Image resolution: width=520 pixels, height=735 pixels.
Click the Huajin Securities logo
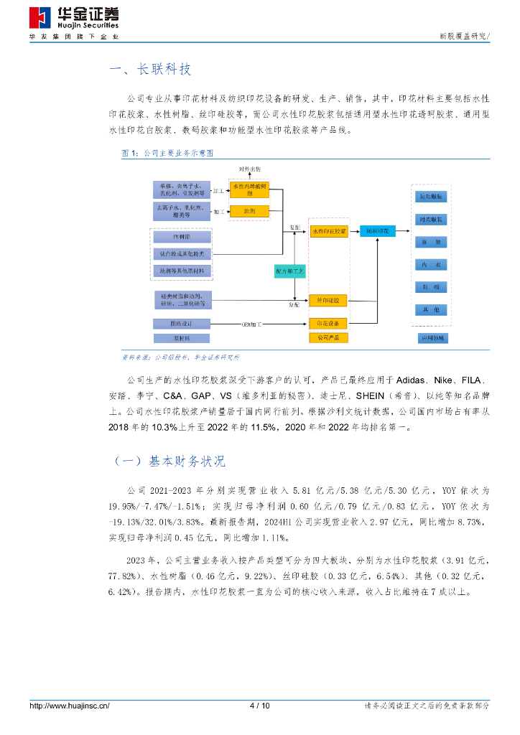pyautogui.click(x=74, y=19)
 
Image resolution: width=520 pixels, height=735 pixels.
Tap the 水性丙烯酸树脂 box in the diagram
pyautogui.click(x=249, y=189)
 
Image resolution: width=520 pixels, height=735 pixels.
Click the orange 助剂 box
pyautogui.click(x=249, y=211)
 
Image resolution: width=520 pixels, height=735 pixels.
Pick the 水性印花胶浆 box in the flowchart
pyautogui.click(x=328, y=232)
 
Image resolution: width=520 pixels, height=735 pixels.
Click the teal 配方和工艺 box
pyautogui.click(x=290, y=271)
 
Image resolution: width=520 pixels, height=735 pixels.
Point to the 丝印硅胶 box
pyautogui.click(x=328, y=299)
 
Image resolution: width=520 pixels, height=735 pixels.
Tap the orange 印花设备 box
pyautogui.click(x=328, y=323)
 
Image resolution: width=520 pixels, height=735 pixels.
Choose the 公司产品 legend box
pyautogui.click(x=328, y=337)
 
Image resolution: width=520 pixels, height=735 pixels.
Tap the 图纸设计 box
pyautogui.click(x=182, y=323)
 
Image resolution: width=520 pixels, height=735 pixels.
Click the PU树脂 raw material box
pyautogui.click(x=182, y=236)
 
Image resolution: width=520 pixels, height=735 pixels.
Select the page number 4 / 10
pyautogui.click(x=259, y=706)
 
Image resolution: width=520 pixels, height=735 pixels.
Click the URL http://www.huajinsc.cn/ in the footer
pyautogui.click(x=70, y=706)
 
